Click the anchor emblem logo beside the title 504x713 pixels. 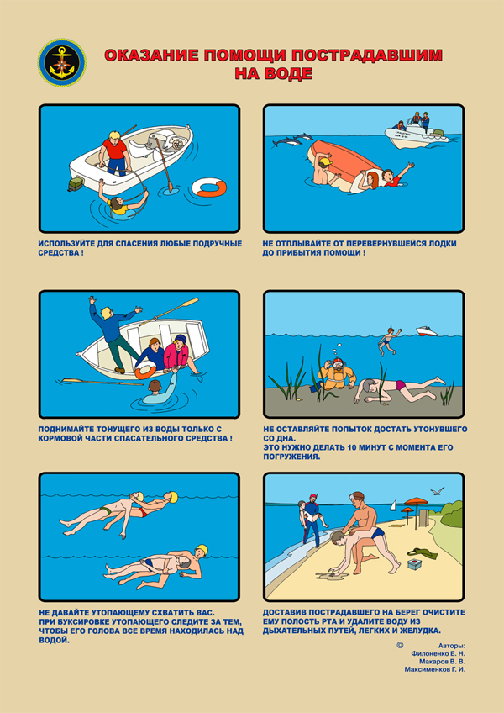62,63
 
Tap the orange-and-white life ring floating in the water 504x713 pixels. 209,187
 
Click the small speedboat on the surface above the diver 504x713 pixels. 426,330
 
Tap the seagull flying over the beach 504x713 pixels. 438,491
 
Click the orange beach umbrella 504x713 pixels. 416,504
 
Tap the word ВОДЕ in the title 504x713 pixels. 291,73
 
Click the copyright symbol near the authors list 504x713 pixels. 400,645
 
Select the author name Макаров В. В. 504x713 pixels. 442,661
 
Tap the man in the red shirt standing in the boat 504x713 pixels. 115,153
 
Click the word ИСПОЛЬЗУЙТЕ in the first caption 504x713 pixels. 66,244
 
